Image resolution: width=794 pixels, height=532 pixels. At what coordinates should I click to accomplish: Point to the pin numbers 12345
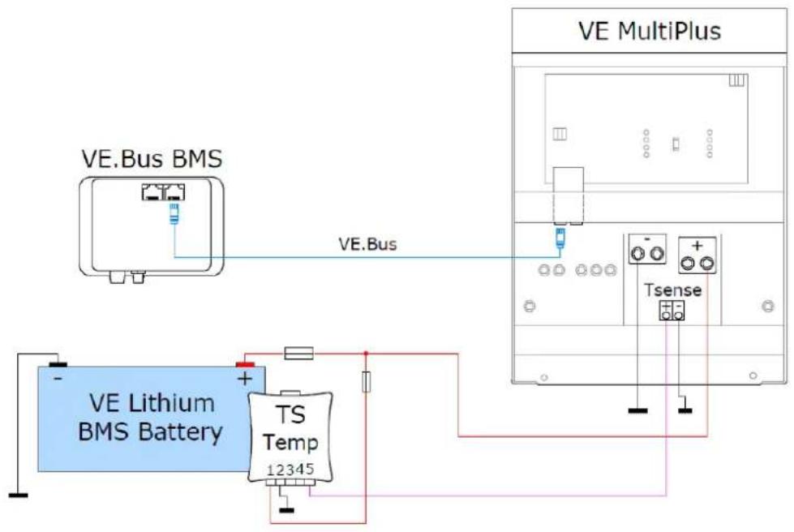pyautogui.click(x=291, y=469)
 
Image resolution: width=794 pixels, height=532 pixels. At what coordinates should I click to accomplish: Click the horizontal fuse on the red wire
pyautogui.click(x=299, y=353)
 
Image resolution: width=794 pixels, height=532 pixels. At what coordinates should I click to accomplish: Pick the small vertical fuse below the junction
pyautogui.click(x=367, y=383)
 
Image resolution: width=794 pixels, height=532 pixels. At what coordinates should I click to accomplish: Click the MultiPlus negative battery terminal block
pyautogui.click(x=646, y=253)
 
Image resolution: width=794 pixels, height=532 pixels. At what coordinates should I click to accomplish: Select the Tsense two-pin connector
pyautogui.click(x=672, y=310)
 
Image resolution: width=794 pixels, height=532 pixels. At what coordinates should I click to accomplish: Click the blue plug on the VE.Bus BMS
pyautogui.click(x=174, y=216)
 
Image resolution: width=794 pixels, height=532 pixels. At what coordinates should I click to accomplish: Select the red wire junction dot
pyautogui.click(x=367, y=353)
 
